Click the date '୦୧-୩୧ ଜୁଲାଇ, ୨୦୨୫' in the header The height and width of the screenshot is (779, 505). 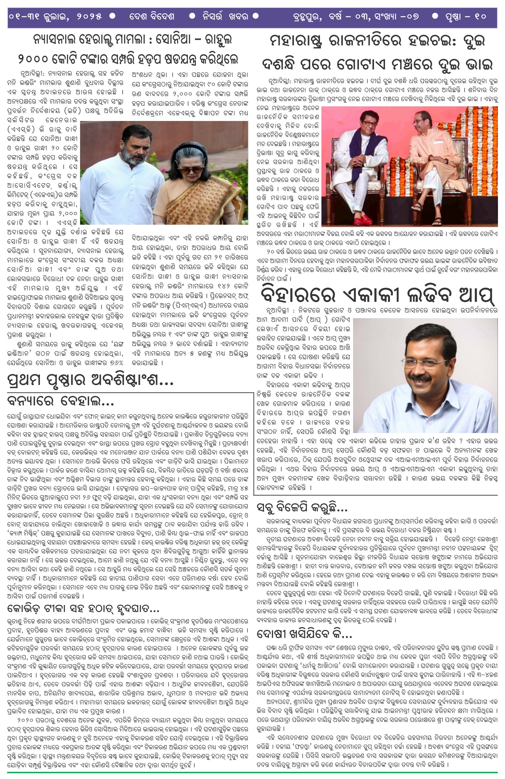click(55, 17)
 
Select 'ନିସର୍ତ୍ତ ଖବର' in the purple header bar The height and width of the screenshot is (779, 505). click(225, 17)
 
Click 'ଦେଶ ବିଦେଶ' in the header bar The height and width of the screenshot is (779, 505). click(152, 17)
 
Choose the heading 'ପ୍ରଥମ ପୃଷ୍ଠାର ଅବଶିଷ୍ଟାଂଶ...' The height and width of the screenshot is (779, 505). click(90, 380)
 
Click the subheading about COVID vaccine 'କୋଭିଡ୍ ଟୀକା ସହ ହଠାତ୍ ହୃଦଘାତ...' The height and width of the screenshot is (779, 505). click(83, 609)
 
